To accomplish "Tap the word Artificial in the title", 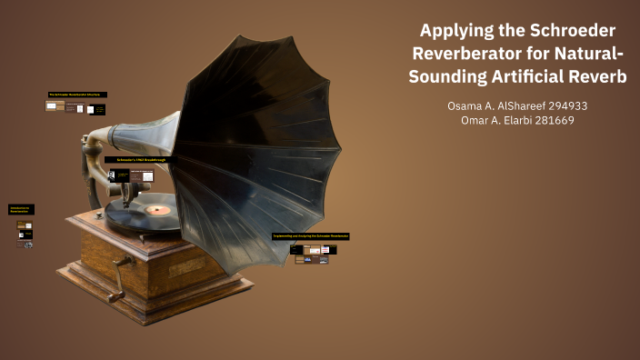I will click(x=535, y=77).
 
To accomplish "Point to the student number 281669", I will click(x=552, y=121).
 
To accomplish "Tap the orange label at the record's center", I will click(x=158, y=210).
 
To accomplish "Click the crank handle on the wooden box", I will click(x=116, y=292).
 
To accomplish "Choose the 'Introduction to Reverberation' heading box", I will click(x=22, y=209).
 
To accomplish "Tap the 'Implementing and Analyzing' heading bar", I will click(x=311, y=236).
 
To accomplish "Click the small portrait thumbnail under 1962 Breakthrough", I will click(x=114, y=175).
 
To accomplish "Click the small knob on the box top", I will click(x=142, y=237).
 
